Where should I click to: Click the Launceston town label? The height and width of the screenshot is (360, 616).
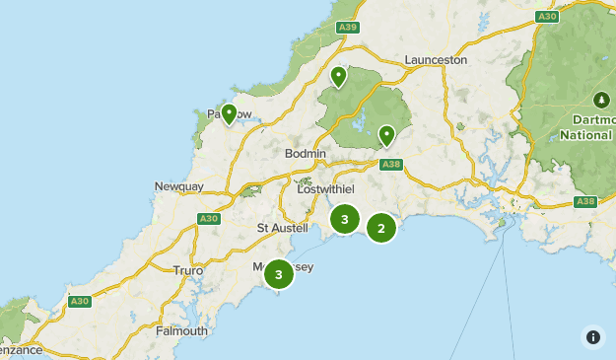click(x=435, y=59)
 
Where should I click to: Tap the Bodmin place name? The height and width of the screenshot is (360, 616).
click(x=305, y=154)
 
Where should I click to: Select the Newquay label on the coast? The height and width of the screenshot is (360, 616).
click(x=178, y=186)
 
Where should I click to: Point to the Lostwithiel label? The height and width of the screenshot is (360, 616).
click(x=324, y=188)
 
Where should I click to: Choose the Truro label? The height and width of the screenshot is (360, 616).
click(x=187, y=270)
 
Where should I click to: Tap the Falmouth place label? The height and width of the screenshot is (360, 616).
click(x=181, y=331)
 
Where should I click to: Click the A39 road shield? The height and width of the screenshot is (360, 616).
click(x=346, y=29)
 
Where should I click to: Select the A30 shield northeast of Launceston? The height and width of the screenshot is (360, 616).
click(x=548, y=17)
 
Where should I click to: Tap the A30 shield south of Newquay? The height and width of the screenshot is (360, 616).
click(x=208, y=218)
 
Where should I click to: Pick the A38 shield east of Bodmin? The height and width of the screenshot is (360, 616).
click(x=390, y=165)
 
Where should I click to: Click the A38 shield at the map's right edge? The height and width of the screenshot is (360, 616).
click(x=585, y=201)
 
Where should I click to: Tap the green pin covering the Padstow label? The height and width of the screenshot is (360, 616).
click(x=229, y=115)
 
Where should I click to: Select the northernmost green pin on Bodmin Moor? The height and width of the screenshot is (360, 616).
click(x=338, y=77)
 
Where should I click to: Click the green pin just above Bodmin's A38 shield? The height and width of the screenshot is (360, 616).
click(x=386, y=135)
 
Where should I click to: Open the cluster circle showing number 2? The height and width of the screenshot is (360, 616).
click(x=381, y=228)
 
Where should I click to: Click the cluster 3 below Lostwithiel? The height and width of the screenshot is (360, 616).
click(x=344, y=219)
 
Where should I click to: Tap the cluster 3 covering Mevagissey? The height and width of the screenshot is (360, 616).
click(x=279, y=274)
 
